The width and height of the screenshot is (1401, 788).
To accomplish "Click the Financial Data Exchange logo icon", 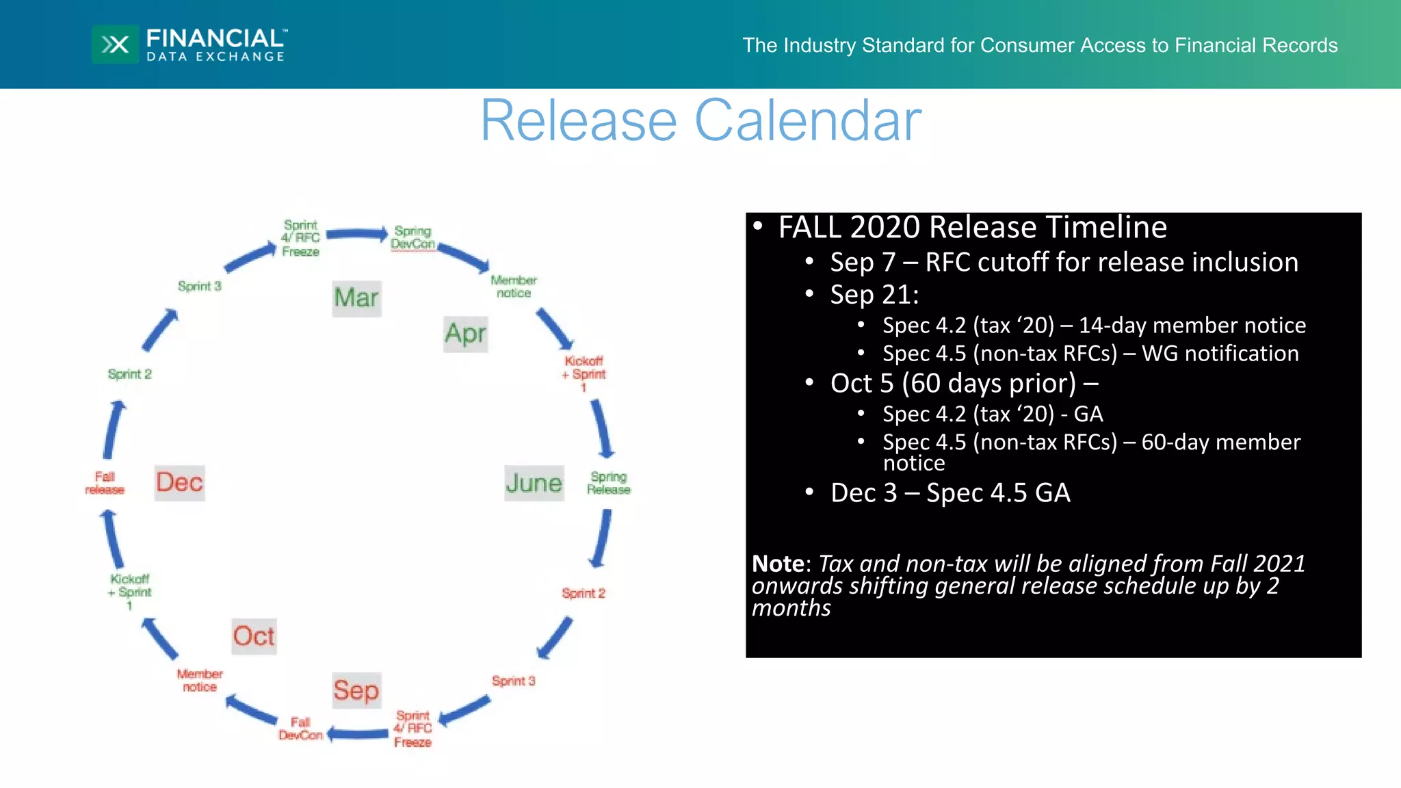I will (x=115, y=44).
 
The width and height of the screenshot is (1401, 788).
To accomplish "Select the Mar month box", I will (x=356, y=298).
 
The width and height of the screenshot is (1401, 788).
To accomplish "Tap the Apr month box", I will (x=465, y=334).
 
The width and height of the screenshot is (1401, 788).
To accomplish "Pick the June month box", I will (x=534, y=483).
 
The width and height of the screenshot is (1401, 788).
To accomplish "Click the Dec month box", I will (x=179, y=482).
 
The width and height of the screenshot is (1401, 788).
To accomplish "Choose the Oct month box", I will (x=254, y=636).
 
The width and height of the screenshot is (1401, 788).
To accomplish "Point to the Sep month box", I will (x=356, y=690).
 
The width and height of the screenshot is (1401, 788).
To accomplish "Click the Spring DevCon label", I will (x=413, y=237).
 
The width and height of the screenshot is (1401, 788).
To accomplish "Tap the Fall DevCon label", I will (x=300, y=728).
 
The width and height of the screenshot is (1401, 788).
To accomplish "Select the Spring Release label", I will (x=608, y=483).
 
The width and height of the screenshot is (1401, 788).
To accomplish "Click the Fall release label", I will (x=105, y=483).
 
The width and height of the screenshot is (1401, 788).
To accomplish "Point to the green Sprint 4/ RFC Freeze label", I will (x=300, y=238).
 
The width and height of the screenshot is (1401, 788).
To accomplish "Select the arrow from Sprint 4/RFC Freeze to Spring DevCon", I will (x=357, y=235).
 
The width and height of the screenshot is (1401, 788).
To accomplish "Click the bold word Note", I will (x=778, y=564).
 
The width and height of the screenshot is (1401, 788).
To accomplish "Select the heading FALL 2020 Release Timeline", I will (x=972, y=228).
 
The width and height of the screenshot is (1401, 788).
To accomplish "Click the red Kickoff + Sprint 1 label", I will (x=583, y=373).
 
